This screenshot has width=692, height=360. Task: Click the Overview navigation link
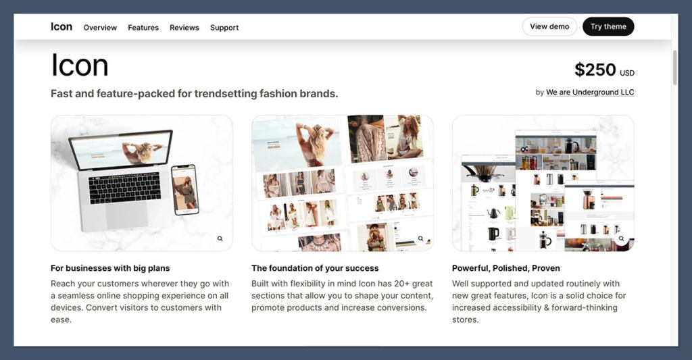(100, 28)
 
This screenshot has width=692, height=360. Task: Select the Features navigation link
(143, 28)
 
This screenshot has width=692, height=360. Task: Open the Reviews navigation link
(184, 28)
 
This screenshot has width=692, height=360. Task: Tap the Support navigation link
(224, 28)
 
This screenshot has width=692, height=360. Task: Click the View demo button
(549, 26)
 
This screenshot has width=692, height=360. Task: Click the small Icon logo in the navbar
(61, 26)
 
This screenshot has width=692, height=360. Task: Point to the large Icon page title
(80, 66)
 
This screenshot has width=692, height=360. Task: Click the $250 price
(595, 70)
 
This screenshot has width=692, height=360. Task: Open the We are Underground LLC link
(590, 93)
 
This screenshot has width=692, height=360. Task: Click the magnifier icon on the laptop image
(220, 238)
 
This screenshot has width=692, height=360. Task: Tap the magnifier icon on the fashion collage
(420, 238)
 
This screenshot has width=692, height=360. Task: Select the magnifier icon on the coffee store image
(621, 238)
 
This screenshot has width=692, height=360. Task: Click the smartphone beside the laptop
(184, 190)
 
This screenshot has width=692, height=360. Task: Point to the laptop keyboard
(124, 188)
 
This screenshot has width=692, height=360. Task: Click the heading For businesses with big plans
(110, 268)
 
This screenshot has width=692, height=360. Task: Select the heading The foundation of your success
(315, 268)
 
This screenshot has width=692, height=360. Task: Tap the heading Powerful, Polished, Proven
(506, 268)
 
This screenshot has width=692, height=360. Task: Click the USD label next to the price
(627, 73)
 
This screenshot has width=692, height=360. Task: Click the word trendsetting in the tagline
(225, 93)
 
